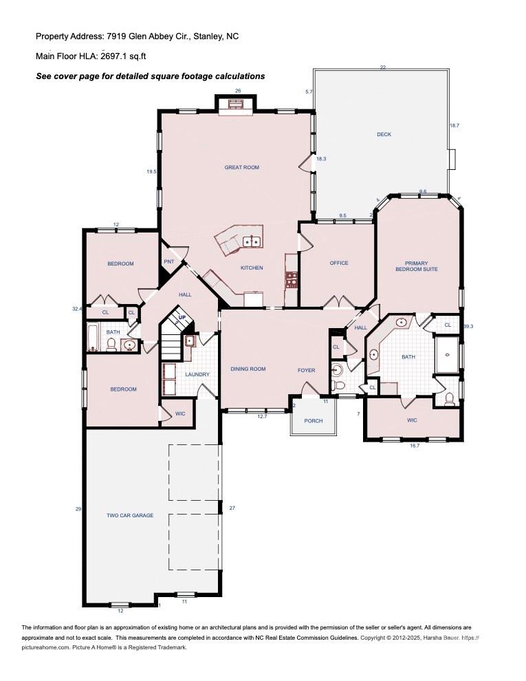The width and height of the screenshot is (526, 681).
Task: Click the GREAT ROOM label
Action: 242,167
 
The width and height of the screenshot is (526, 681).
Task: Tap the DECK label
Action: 384,134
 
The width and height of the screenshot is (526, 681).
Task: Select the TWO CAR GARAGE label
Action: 130,515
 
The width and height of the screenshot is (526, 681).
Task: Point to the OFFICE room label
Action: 339,263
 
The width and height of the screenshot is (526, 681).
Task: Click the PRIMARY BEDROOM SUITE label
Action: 417,266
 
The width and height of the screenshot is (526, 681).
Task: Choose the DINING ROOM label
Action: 248,369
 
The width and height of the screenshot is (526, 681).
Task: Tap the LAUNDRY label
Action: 197,374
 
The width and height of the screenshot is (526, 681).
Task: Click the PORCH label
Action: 314,421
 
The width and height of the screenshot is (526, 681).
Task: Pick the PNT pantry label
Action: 169,261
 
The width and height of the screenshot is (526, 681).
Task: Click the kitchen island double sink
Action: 251,241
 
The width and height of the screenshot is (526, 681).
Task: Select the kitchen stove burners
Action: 292,280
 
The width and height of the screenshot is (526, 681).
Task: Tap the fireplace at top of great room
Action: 236,105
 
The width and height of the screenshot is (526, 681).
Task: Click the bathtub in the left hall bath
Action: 92,338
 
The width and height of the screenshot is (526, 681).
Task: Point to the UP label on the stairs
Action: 182,318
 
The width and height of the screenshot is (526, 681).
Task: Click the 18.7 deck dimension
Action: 454,125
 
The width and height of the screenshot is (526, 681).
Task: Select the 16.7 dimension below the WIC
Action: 415,446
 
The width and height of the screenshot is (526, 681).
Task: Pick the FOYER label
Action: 307,370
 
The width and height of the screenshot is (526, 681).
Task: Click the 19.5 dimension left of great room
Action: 151,171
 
